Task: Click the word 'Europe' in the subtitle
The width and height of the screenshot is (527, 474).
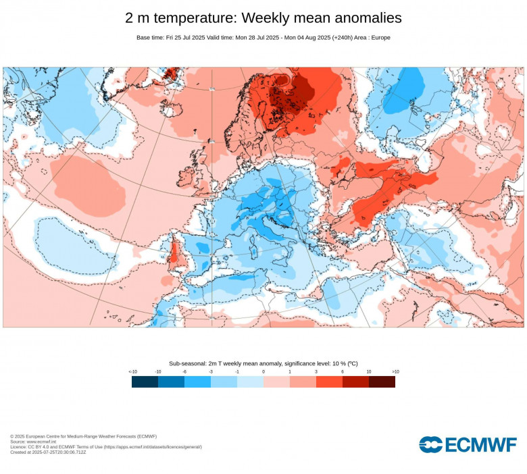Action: coord(379,37)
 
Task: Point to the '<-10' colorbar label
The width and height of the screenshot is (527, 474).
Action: coord(132,371)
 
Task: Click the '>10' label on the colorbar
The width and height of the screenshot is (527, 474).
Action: coord(395,371)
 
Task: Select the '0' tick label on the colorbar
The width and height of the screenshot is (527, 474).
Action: coord(263,371)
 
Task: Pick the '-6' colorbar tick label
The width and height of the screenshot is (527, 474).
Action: coord(184,371)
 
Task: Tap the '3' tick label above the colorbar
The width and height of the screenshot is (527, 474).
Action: coord(316,371)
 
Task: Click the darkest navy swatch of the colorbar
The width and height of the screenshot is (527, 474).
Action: coord(145,381)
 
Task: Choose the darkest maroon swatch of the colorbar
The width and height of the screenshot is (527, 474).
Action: coord(382,381)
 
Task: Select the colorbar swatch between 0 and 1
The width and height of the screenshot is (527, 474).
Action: coord(276,381)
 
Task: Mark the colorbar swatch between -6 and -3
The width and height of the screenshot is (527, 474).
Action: coord(197,381)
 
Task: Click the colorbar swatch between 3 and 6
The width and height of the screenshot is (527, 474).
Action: coord(329,381)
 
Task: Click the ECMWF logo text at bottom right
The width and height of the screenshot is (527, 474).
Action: coord(480,444)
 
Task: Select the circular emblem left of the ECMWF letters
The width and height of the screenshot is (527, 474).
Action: coord(430,444)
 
